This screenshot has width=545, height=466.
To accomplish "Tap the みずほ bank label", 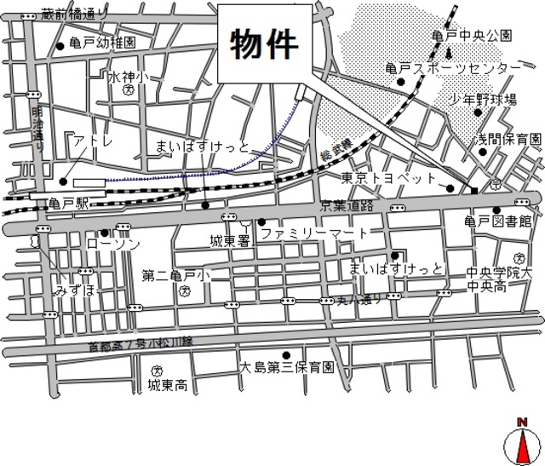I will click(x=75, y=291).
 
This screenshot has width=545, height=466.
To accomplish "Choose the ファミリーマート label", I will click(x=315, y=233).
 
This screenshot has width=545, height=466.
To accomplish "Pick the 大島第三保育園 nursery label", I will click(x=286, y=369).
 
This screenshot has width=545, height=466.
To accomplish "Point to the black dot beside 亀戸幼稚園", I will click(x=60, y=45).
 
